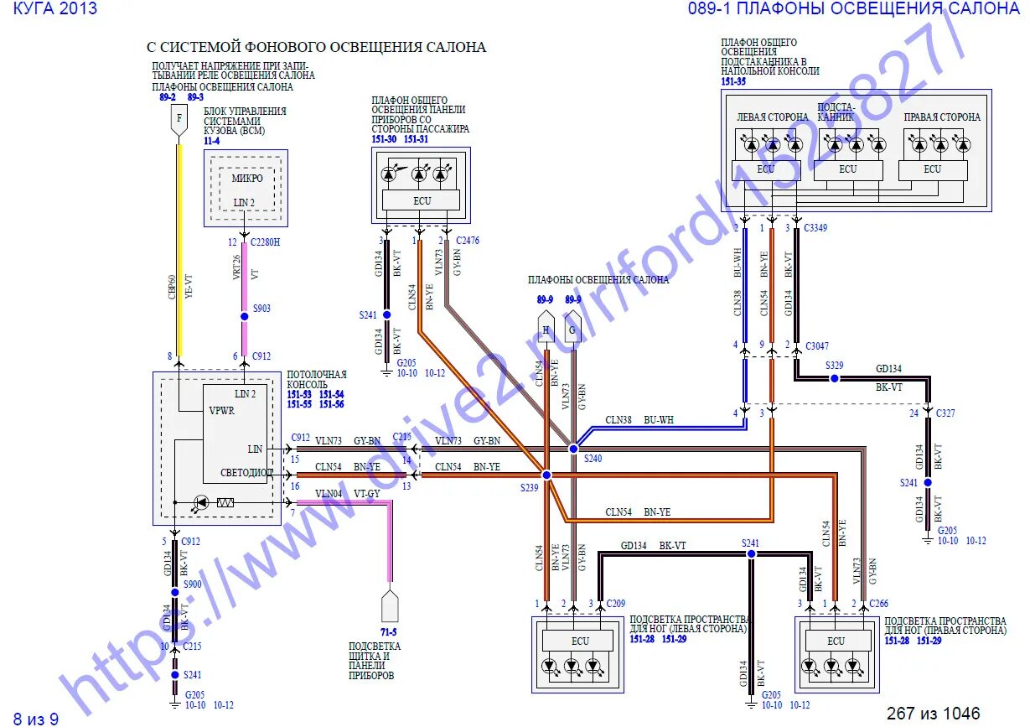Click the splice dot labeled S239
point(546,475)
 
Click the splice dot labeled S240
point(573,449)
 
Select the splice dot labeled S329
point(833,378)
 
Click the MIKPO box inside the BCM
point(246,178)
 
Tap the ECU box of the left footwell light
point(580,641)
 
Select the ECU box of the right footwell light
point(836,641)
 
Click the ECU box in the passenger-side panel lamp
point(422,200)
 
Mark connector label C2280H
point(266,241)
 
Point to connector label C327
point(945,413)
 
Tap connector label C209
point(616,604)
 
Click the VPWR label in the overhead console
point(222,411)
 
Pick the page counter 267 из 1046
point(933,714)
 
